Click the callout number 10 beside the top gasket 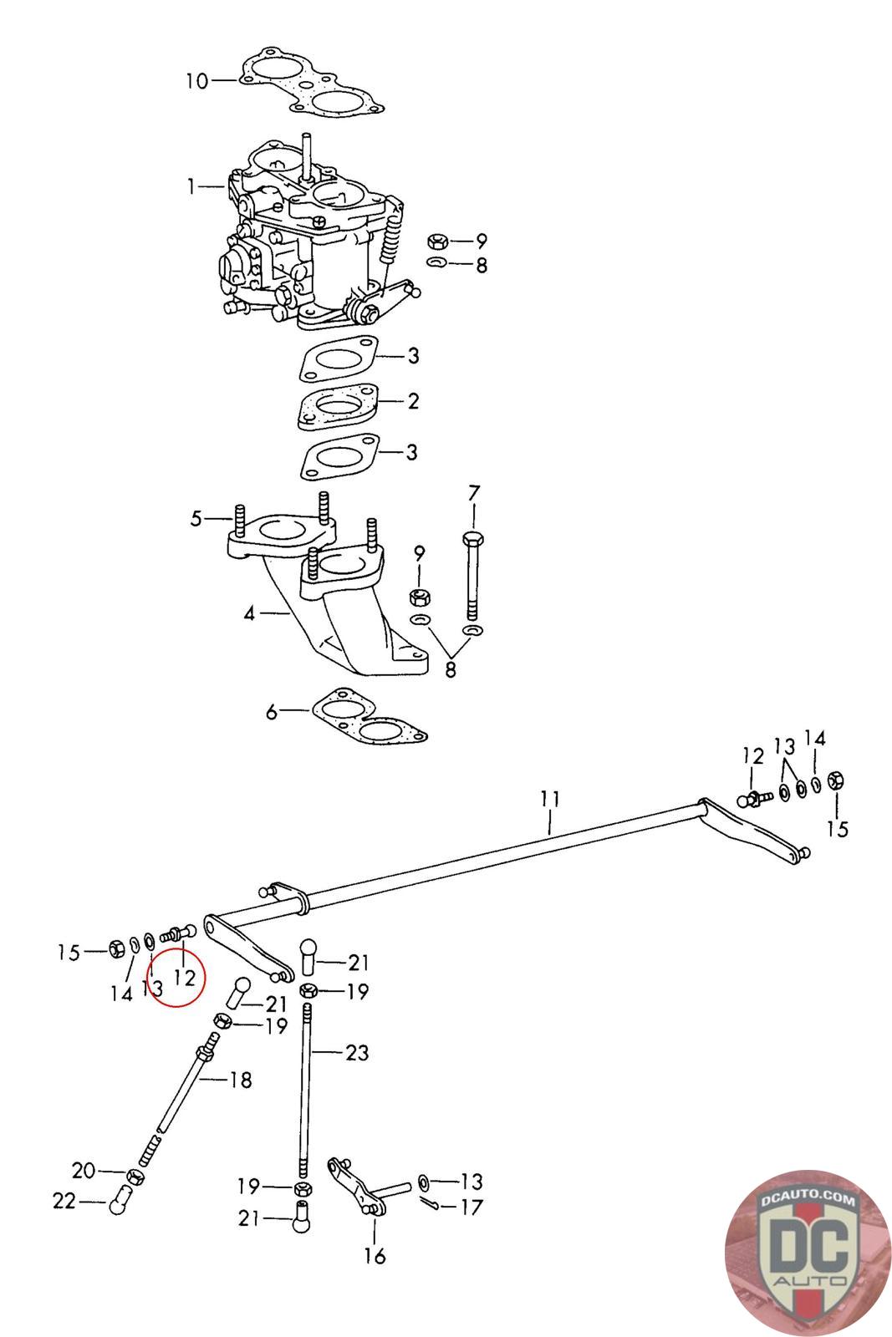(197, 80)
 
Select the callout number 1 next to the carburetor (191, 187)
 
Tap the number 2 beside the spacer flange (413, 401)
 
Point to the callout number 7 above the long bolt (473, 494)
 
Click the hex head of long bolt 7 (473, 539)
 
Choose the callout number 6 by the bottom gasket (272, 711)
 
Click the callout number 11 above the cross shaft (550, 799)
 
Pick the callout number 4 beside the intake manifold (249, 613)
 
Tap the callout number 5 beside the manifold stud (196, 519)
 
